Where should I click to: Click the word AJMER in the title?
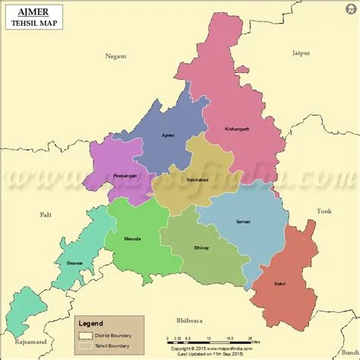click(x=27, y=10)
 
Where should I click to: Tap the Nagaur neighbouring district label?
click(x=116, y=55)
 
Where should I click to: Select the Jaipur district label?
click(x=302, y=52)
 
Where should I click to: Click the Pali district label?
click(x=45, y=215)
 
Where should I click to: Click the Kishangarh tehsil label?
click(x=237, y=128)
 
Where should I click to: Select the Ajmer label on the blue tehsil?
click(x=168, y=134)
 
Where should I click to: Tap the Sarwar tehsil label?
click(x=243, y=220)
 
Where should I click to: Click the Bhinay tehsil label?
click(x=201, y=248)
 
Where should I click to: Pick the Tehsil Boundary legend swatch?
click(x=86, y=346)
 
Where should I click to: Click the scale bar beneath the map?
click(x=210, y=339)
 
